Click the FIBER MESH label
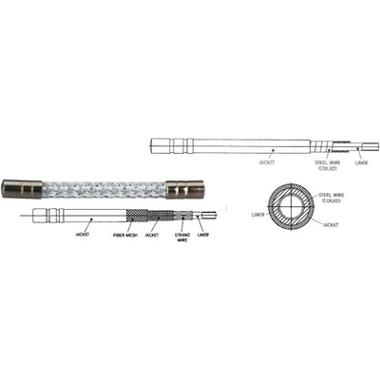pyautogui.click(x=125, y=236)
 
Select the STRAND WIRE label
pyautogui.click(x=182, y=237)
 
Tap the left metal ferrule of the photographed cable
pyautogui.click(x=22, y=189)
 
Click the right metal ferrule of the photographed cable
pyautogui.click(x=185, y=189)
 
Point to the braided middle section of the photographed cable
pyautogui.click(x=104, y=189)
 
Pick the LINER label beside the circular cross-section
pyautogui.click(x=257, y=215)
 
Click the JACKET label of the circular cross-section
pyautogui.click(x=331, y=225)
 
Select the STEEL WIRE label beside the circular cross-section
pyautogui.click(x=332, y=198)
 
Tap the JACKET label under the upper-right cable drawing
pyautogui.click(x=267, y=162)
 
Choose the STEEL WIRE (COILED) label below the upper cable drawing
pyautogui.click(x=328, y=165)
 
